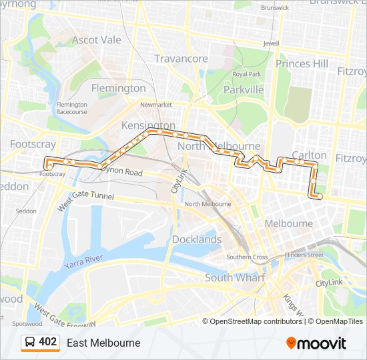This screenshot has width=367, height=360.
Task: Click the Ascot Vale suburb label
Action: (x=97, y=40)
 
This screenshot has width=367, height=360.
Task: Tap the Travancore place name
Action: (x=181, y=59)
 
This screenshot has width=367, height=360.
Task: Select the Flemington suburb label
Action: (x=118, y=88)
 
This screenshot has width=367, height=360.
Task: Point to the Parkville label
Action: (x=244, y=89)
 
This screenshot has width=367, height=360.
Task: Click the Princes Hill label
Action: (x=302, y=64)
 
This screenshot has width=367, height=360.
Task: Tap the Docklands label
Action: (x=197, y=239)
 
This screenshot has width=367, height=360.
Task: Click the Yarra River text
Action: (x=83, y=261)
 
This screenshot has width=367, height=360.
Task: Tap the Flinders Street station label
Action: (x=304, y=255)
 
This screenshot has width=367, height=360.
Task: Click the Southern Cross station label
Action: (x=247, y=257)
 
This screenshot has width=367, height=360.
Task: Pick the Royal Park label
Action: (x=246, y=74)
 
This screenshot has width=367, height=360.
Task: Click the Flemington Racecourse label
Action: (x=71, y=108)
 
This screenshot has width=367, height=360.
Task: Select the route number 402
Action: (x=47, y=342)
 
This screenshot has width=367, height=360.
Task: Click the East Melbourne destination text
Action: (x=103, y=343)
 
